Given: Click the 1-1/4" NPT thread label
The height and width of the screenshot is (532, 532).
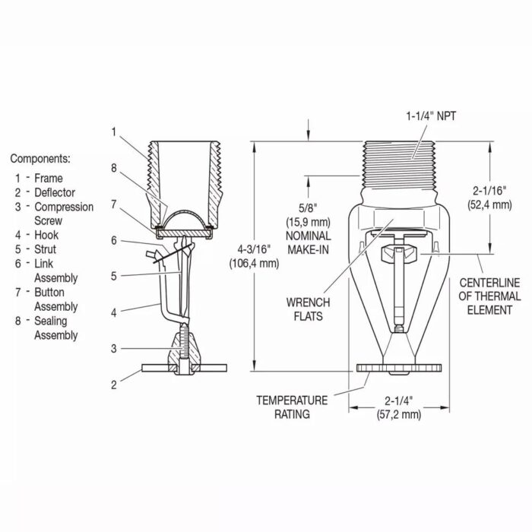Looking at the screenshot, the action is tap(431, 116).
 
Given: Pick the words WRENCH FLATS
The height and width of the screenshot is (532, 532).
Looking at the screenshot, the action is tap(308, 309).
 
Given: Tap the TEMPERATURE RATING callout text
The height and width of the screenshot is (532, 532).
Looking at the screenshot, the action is tap(292, 407).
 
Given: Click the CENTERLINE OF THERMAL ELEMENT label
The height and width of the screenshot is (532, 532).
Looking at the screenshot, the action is tap(489, 296).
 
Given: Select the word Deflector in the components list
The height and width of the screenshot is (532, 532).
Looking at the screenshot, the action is tap(55, 192).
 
